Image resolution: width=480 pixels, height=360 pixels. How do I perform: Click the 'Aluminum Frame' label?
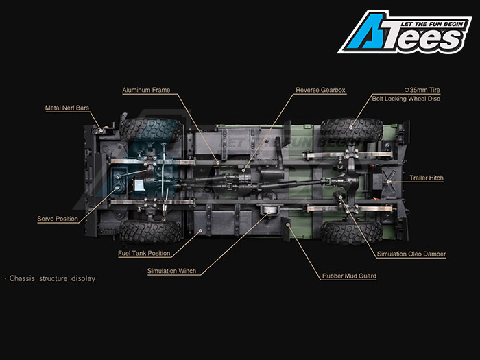(146, 90)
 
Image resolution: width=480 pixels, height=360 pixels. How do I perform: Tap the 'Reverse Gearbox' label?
(320, 90)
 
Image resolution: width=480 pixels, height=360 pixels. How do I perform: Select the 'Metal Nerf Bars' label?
(67, 108)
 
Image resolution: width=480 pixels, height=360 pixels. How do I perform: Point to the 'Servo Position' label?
(58, 219)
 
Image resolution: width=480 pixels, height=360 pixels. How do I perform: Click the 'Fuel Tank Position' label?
(144, 253)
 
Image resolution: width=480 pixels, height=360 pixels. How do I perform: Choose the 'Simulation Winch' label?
(171, 271)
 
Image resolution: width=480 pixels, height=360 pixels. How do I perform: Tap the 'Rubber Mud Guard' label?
(349, 276)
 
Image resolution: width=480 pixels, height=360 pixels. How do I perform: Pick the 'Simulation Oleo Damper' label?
(411, 254)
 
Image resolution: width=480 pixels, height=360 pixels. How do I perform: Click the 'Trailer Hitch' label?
(427, 178)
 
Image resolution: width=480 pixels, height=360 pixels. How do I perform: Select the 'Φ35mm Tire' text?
(422, 90)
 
